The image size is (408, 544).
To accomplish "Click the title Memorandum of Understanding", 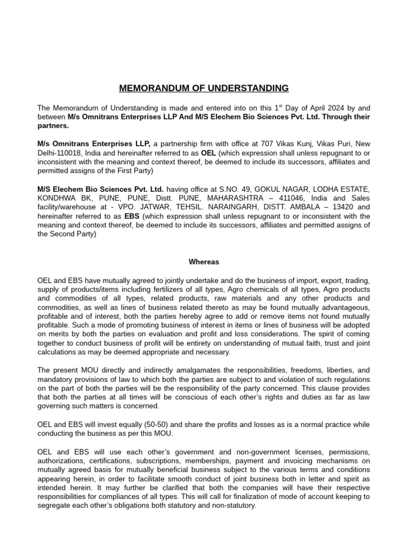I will pos(203,88).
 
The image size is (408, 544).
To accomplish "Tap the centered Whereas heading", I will pos(203,261).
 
